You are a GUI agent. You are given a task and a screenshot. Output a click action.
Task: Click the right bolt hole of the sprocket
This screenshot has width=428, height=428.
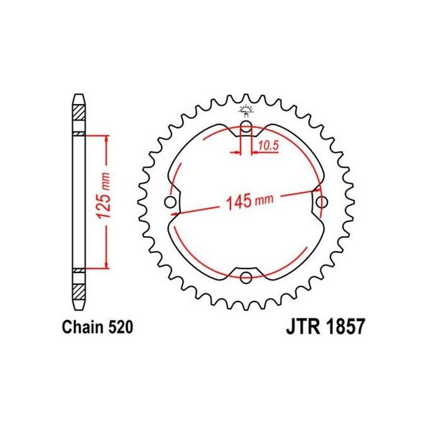click(322, 202)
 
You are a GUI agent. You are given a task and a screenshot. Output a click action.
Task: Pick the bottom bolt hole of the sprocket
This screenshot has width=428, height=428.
click(245, 278)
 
